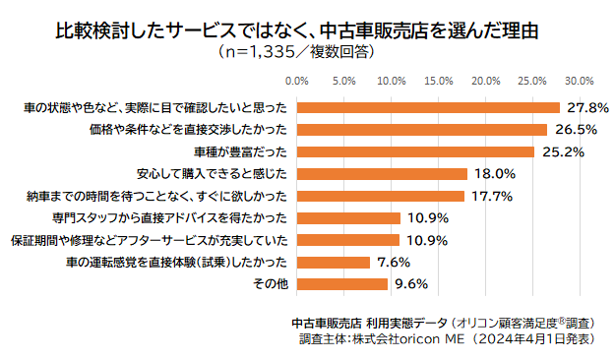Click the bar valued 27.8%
coord(427,107)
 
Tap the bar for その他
coord(341,284)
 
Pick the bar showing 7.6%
coord(333,262)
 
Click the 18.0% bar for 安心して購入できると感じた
coord(381,173)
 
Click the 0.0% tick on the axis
coord(297,81)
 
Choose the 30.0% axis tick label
coord(579,81)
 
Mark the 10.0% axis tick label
coord(392,81)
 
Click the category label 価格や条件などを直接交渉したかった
coord(200,129)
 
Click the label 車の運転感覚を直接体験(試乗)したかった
coord(177,262)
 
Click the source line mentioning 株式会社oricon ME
coord(445,339)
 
